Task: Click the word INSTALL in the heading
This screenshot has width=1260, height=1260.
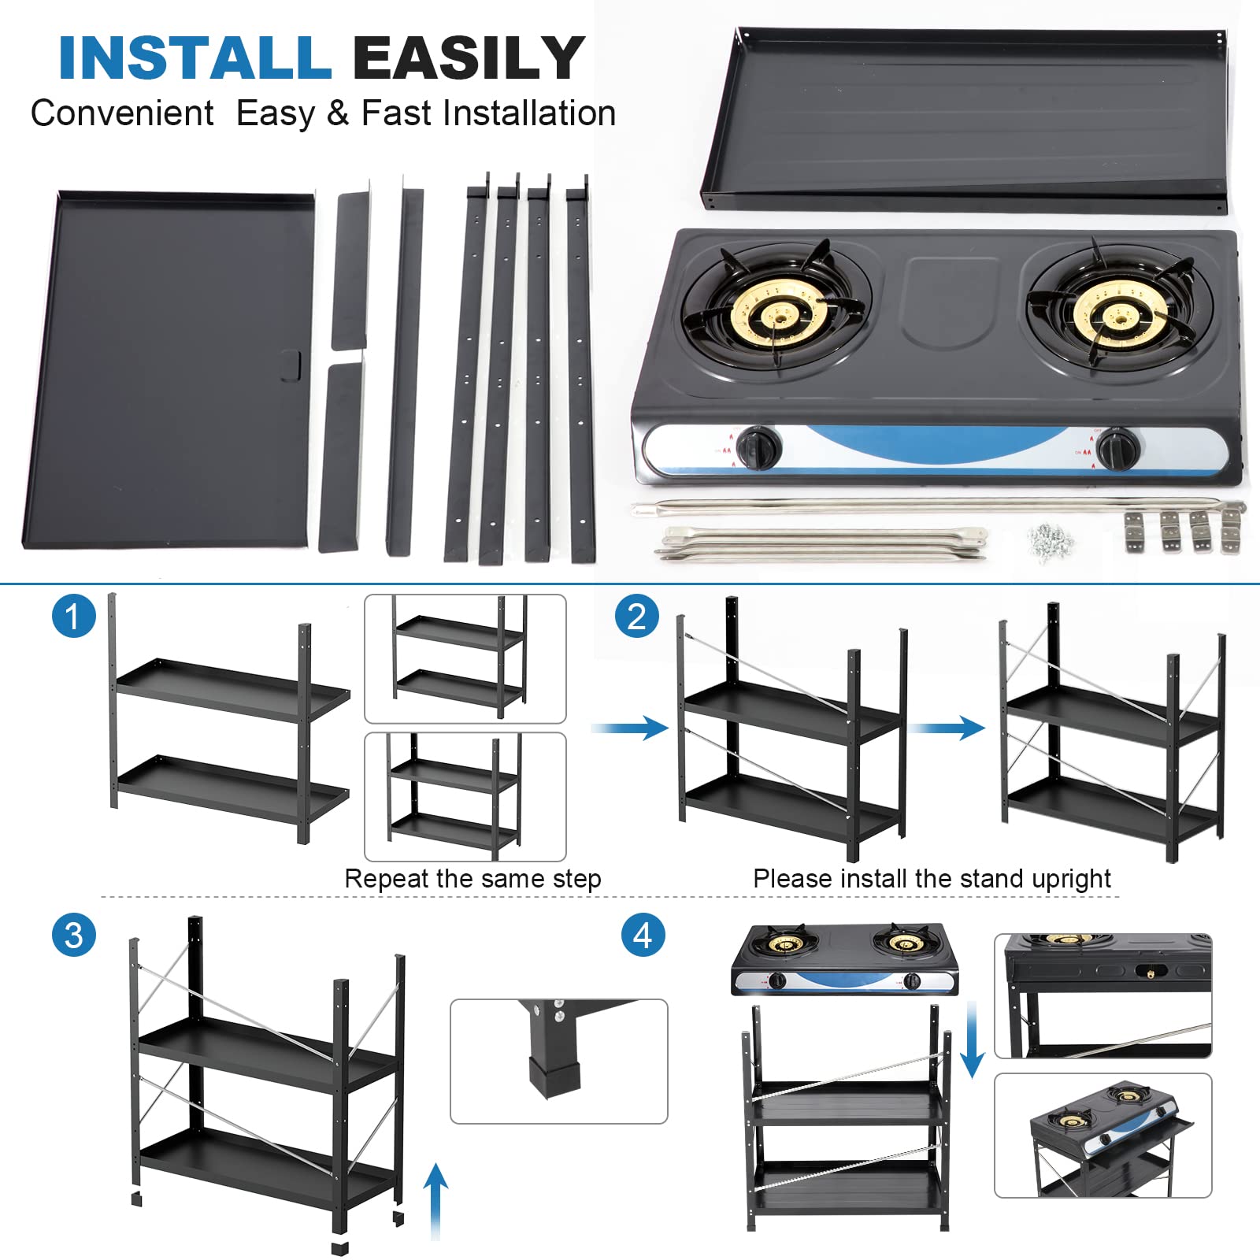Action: [195, 58]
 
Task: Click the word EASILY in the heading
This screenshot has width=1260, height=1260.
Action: [468, 58]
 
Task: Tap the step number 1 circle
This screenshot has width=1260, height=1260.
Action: [73, 616]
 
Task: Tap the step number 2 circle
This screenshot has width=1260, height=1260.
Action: [636, 616]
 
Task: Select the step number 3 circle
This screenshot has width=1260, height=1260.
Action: [73, 936]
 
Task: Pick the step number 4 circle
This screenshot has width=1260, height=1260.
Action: [643, 936]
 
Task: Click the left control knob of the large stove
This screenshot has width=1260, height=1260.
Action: [760, 447]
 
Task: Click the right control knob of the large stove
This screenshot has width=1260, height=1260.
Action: [1117, 447]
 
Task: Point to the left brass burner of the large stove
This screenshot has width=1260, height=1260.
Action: [778, 313]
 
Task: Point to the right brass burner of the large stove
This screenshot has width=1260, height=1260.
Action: [1118, 315]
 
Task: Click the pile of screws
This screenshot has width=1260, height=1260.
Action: [1051, 542]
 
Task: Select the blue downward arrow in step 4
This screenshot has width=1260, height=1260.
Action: [973, 1039]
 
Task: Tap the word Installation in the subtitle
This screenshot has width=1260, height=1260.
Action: [528, 113]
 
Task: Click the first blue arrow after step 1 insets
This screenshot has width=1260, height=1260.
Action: [631, 727]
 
